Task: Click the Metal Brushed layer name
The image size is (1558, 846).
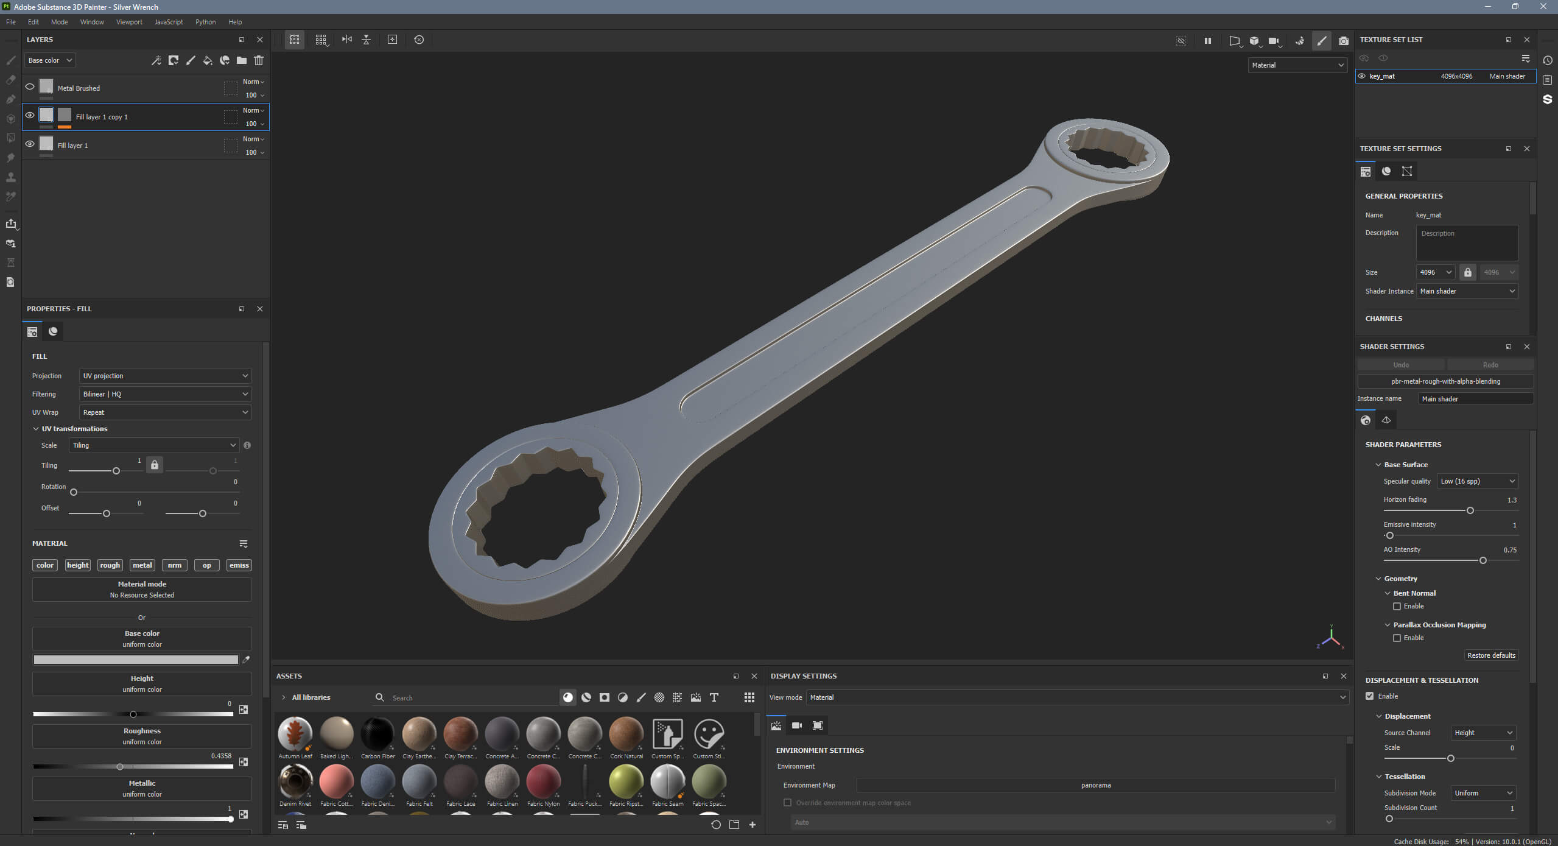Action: coord(79,88)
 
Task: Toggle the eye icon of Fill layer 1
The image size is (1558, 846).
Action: coord(29,144)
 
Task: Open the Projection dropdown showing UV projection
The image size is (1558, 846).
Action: coord(165,376)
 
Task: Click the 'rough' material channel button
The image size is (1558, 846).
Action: coord(110,565)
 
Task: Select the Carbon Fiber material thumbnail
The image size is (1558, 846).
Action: coord(377,734)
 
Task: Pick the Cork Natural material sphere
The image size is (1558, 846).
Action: coord(626,734)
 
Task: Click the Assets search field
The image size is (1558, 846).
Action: coord(469,698)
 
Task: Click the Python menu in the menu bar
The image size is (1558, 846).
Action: coord(205,22)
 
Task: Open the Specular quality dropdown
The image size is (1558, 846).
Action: coord(1477,481)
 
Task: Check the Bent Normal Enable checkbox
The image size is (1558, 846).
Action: coord(1397,607)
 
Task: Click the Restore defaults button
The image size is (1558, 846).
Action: coord(1490,655)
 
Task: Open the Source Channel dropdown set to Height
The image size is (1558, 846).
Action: coord(1482,733)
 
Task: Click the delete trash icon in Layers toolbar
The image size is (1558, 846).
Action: coord(259,60)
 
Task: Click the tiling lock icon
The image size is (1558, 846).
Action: coord(155,465)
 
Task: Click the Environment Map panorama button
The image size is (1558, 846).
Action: coord(1095,785)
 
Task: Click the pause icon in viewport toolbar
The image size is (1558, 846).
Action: coord(1207,41)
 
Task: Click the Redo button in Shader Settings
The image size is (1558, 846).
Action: coord(1490,365)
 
